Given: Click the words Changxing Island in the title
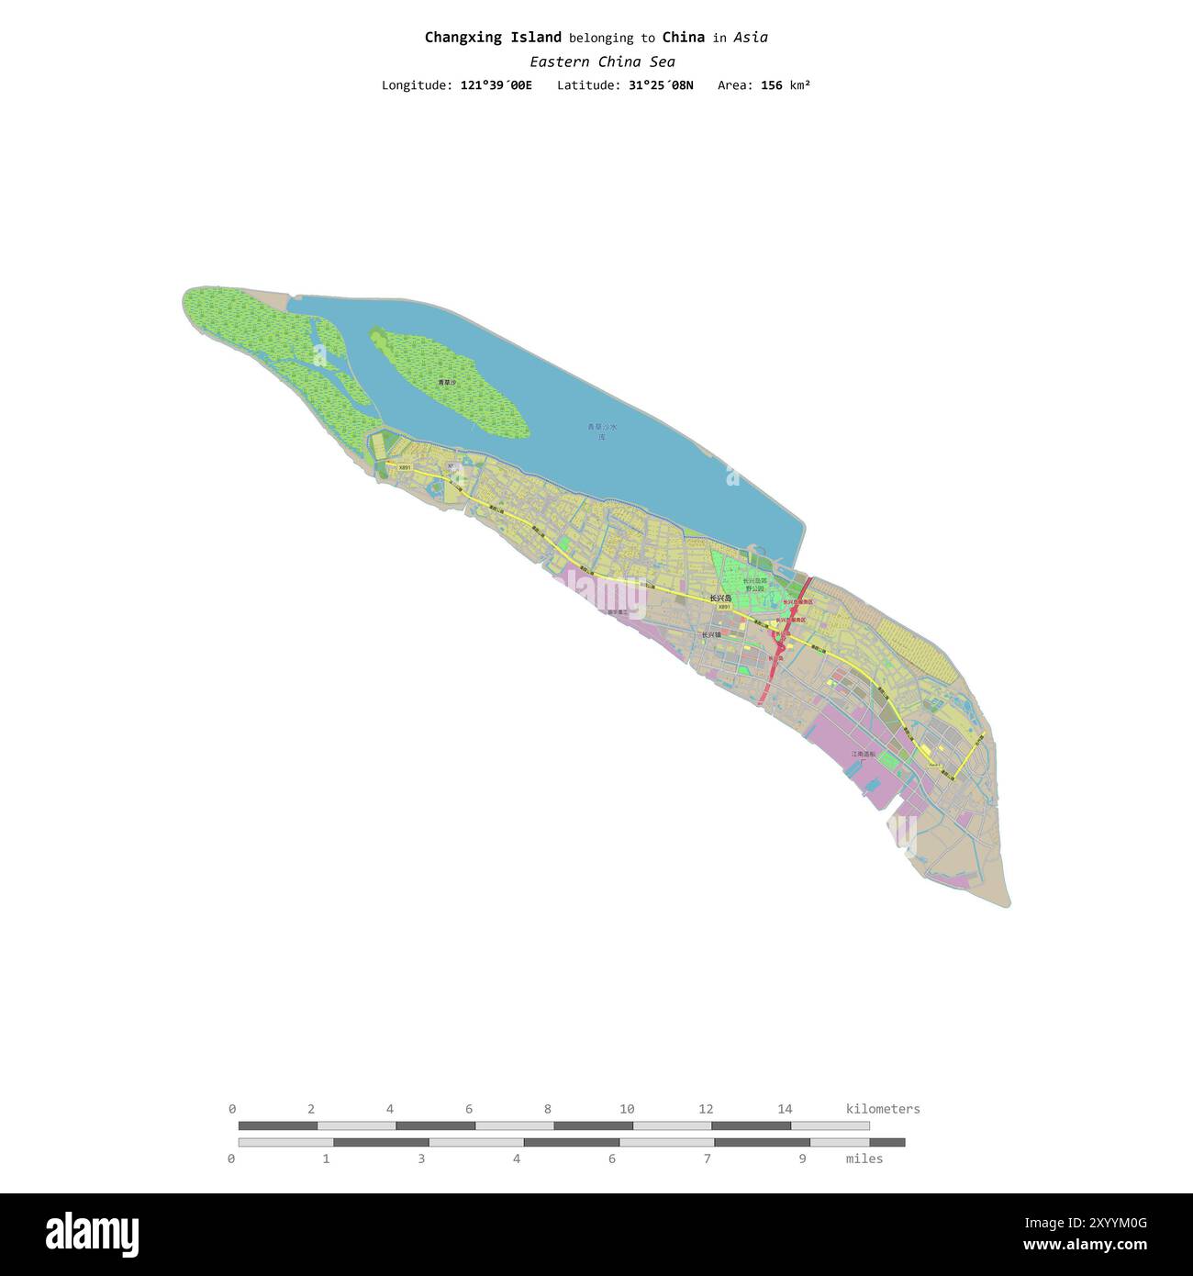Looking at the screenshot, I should (493, 38).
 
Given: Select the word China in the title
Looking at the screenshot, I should (683, 38).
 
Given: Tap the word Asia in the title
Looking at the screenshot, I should (751, 38).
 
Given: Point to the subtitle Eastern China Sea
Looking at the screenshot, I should (602, 62).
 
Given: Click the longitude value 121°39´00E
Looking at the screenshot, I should (496, 85).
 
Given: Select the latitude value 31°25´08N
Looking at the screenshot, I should (661, 85).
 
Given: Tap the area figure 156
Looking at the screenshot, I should (771, 85).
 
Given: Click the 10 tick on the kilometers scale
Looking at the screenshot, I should (627, 1109).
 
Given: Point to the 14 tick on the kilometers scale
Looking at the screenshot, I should (785, 1109).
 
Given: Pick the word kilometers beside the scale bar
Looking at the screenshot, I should (882, 1109).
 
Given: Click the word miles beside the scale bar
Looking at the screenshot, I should (864, 1158).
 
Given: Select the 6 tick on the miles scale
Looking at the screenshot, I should (611, 1158).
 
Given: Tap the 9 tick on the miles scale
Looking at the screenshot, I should (802, 1158).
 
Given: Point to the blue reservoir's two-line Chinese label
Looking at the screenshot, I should (602, 431).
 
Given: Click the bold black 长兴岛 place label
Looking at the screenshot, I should (720, 598).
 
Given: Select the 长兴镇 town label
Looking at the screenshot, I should (711, 634).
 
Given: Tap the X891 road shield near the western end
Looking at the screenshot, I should (405, 467).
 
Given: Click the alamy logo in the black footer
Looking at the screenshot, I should (92, 1235).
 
